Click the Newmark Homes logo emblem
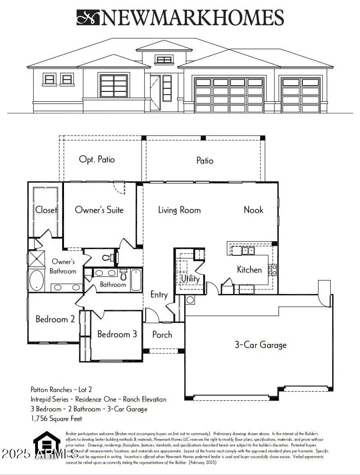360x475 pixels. click(x=88, y=18)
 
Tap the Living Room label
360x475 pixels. click(x=179, y=210)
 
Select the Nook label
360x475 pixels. click(x=253, y=209)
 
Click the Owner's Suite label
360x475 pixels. click(x=99, y=210)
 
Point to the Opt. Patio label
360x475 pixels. click(x=97, y=159)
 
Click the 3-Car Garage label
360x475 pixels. click(x=260, y=345)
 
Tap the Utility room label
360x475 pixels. click(x=190, y=279)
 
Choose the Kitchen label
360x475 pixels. click(x=249, y=270)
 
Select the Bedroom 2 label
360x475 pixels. click(x=55, y=319)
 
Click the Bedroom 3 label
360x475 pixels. click(x=117, y=334)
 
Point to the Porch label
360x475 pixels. click(x=162, y=335)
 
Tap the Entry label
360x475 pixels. click(x=159, y=295)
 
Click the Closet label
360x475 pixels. click(x=46, y=210)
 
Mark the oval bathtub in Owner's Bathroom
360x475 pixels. click(x=36, y=280)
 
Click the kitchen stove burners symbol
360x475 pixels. click(x=273, y=270)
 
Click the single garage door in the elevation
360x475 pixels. click(x=301, y=95)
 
